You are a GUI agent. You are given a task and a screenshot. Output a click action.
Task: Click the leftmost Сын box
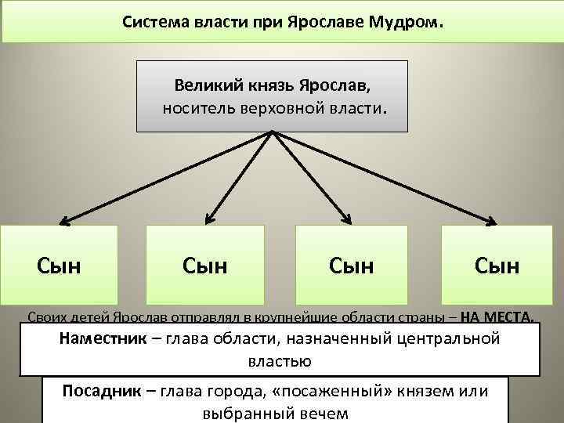click(x=60, y=266)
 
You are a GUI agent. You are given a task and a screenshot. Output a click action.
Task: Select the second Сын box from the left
click(x=205, y=266)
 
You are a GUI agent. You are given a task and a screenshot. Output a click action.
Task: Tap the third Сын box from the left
click(x=352, y=266)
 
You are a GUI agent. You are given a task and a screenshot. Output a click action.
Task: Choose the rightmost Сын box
click(x=497, y=266)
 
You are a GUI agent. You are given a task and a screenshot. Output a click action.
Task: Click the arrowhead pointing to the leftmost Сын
click(x=65, y=222)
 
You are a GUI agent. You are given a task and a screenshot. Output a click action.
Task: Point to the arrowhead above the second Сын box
click(x=208, y=219)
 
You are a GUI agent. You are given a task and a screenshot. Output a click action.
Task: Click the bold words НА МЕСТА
click(x=498, y=317)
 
